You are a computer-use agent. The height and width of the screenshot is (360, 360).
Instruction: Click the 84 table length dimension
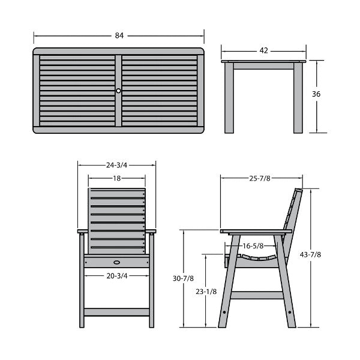pyautogui.click(x=119, y=35)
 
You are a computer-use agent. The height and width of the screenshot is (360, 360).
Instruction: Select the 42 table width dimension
pyautogui.click(x=263, y=50)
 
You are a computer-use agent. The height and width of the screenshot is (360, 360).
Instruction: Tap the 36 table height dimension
pyautogui.click(x=316, y=94)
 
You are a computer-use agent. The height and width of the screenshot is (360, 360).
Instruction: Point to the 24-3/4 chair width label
pyautogui.click(x=116, y=165)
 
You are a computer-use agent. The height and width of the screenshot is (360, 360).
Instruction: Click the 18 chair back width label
pyautogui.click(x=116, y=178)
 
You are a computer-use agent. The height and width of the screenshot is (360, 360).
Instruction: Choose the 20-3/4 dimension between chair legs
pyautogui.click(x=116, y=276)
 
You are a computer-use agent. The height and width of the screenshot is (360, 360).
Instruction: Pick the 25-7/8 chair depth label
pyautogui.click(x=260, y=178)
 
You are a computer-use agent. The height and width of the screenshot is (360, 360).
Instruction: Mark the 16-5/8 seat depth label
pyautogui.click(x=253, y=246)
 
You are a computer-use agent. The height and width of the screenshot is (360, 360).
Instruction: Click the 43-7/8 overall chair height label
pyautogui.click(x=310, y=254)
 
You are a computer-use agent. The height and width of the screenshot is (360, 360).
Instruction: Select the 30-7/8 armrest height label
pyautogui.click(x=183, y=278)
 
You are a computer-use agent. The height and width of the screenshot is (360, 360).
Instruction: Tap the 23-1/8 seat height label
pyautogui.click(x=206, y=292)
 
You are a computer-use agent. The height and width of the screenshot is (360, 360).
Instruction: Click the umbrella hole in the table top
pyautogui.click(x=118, y=91)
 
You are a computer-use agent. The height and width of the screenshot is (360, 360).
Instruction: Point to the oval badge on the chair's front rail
pyautogui.click(x=116, y=262)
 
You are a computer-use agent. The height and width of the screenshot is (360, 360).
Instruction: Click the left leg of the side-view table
pyautogui.click(x=229, y=98)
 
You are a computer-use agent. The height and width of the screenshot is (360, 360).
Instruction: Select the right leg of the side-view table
pyautogui.click(x=298, y=98)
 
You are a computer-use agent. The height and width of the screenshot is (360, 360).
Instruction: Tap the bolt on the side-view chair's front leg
pyautogui.click(x=224, y=312)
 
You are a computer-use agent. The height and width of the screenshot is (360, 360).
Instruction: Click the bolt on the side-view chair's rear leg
pyautogui.click(x=290, y=312)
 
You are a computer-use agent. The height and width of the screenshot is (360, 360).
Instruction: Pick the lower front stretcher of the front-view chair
pyautogui.click(x=116, y=312)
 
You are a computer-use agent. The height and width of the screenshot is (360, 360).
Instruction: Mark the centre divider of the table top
pyautogui.click(x=118, y=91)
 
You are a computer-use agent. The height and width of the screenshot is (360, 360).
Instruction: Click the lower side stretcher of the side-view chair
pyautogui.click(x=257, y=295)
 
